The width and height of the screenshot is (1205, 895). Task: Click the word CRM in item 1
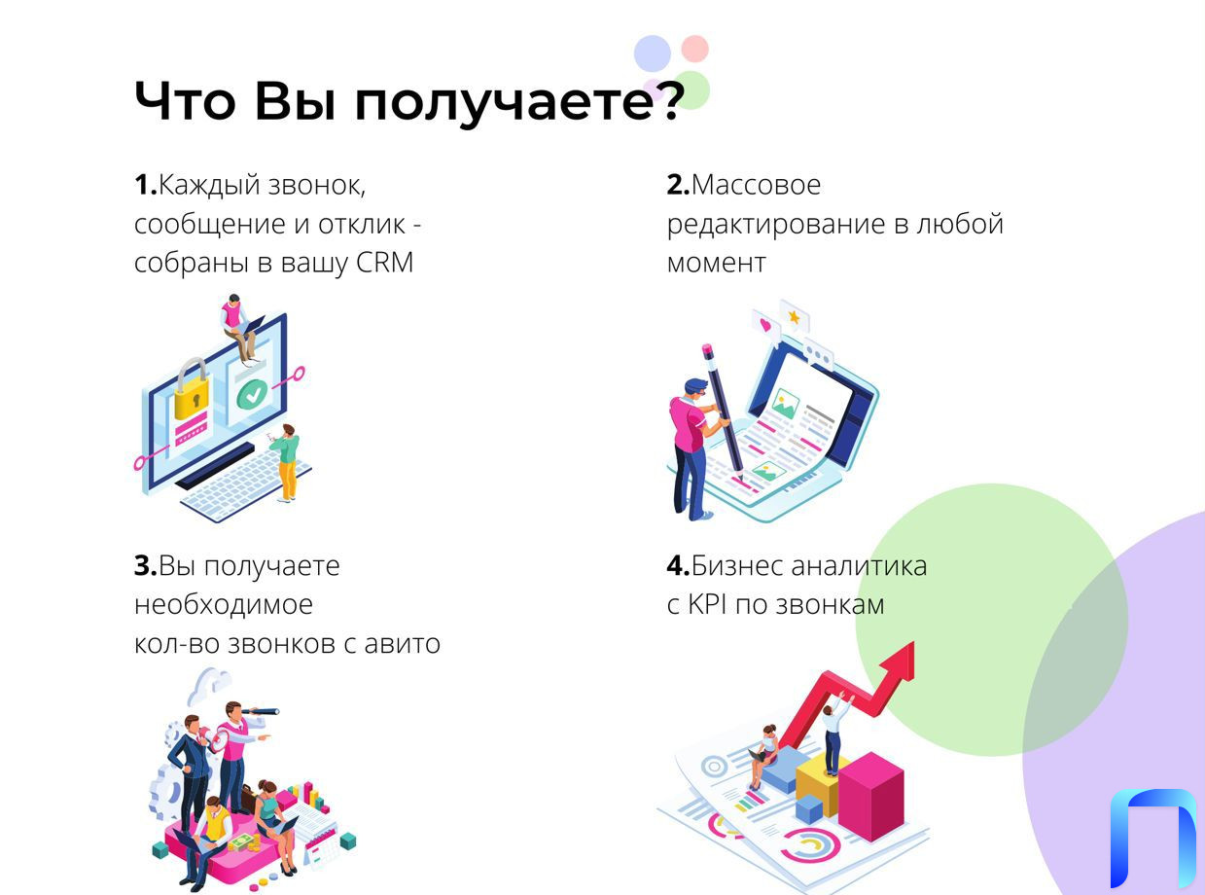(384, 263)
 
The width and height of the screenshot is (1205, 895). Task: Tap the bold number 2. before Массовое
(678, 184)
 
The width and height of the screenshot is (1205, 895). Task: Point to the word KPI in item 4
(707, 604)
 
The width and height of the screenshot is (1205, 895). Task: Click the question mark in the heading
(667, 100)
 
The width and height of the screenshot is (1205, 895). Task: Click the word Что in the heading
(185, 101)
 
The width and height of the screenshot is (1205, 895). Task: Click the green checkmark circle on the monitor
(252, 394)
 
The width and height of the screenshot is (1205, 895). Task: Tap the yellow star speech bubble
(795, 316)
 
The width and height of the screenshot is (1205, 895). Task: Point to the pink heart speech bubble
(766, 326)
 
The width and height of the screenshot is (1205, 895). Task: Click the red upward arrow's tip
(913, 642)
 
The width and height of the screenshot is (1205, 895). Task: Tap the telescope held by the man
(261, 711)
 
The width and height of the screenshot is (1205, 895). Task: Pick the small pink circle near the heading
(694, 49)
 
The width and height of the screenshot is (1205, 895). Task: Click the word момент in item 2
(716, 263)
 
